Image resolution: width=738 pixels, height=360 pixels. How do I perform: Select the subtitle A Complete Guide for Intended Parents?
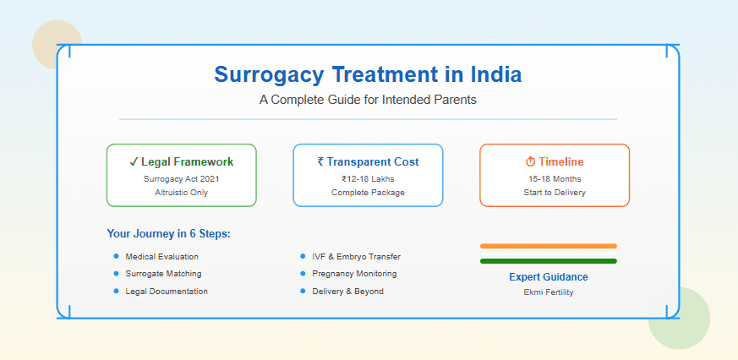(368, 100)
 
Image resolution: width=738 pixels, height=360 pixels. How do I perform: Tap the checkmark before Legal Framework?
(134, 161)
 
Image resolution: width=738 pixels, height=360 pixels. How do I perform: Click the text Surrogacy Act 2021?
(181, 178)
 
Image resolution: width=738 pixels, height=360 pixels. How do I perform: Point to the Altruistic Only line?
(181, 192)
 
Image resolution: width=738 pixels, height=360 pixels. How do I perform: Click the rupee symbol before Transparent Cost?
(320, 161)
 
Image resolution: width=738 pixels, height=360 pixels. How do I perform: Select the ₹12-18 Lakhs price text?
(368, 178)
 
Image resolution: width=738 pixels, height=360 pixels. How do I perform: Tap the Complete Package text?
(368, 192)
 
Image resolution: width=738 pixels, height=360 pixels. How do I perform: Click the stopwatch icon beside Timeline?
(530, 161)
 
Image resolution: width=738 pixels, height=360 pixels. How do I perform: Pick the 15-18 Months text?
(554, 178)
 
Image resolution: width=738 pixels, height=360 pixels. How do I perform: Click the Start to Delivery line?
(554, 192)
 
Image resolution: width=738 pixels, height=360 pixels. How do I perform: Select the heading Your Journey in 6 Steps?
(169, 233)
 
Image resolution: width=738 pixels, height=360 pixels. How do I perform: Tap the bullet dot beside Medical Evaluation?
(116, 256)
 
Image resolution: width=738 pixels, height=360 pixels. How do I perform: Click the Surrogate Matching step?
(163, 274)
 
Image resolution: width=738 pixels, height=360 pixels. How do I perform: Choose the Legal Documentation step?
(167, 291)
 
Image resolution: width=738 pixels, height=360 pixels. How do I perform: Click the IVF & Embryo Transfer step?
(356, 256)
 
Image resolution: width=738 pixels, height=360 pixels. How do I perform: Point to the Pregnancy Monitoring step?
(354, 274)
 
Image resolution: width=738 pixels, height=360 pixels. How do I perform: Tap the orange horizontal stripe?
(548, 246)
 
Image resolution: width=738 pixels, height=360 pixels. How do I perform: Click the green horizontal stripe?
(548, 261)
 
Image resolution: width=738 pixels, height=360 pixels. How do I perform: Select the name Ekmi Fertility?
(548, 292)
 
